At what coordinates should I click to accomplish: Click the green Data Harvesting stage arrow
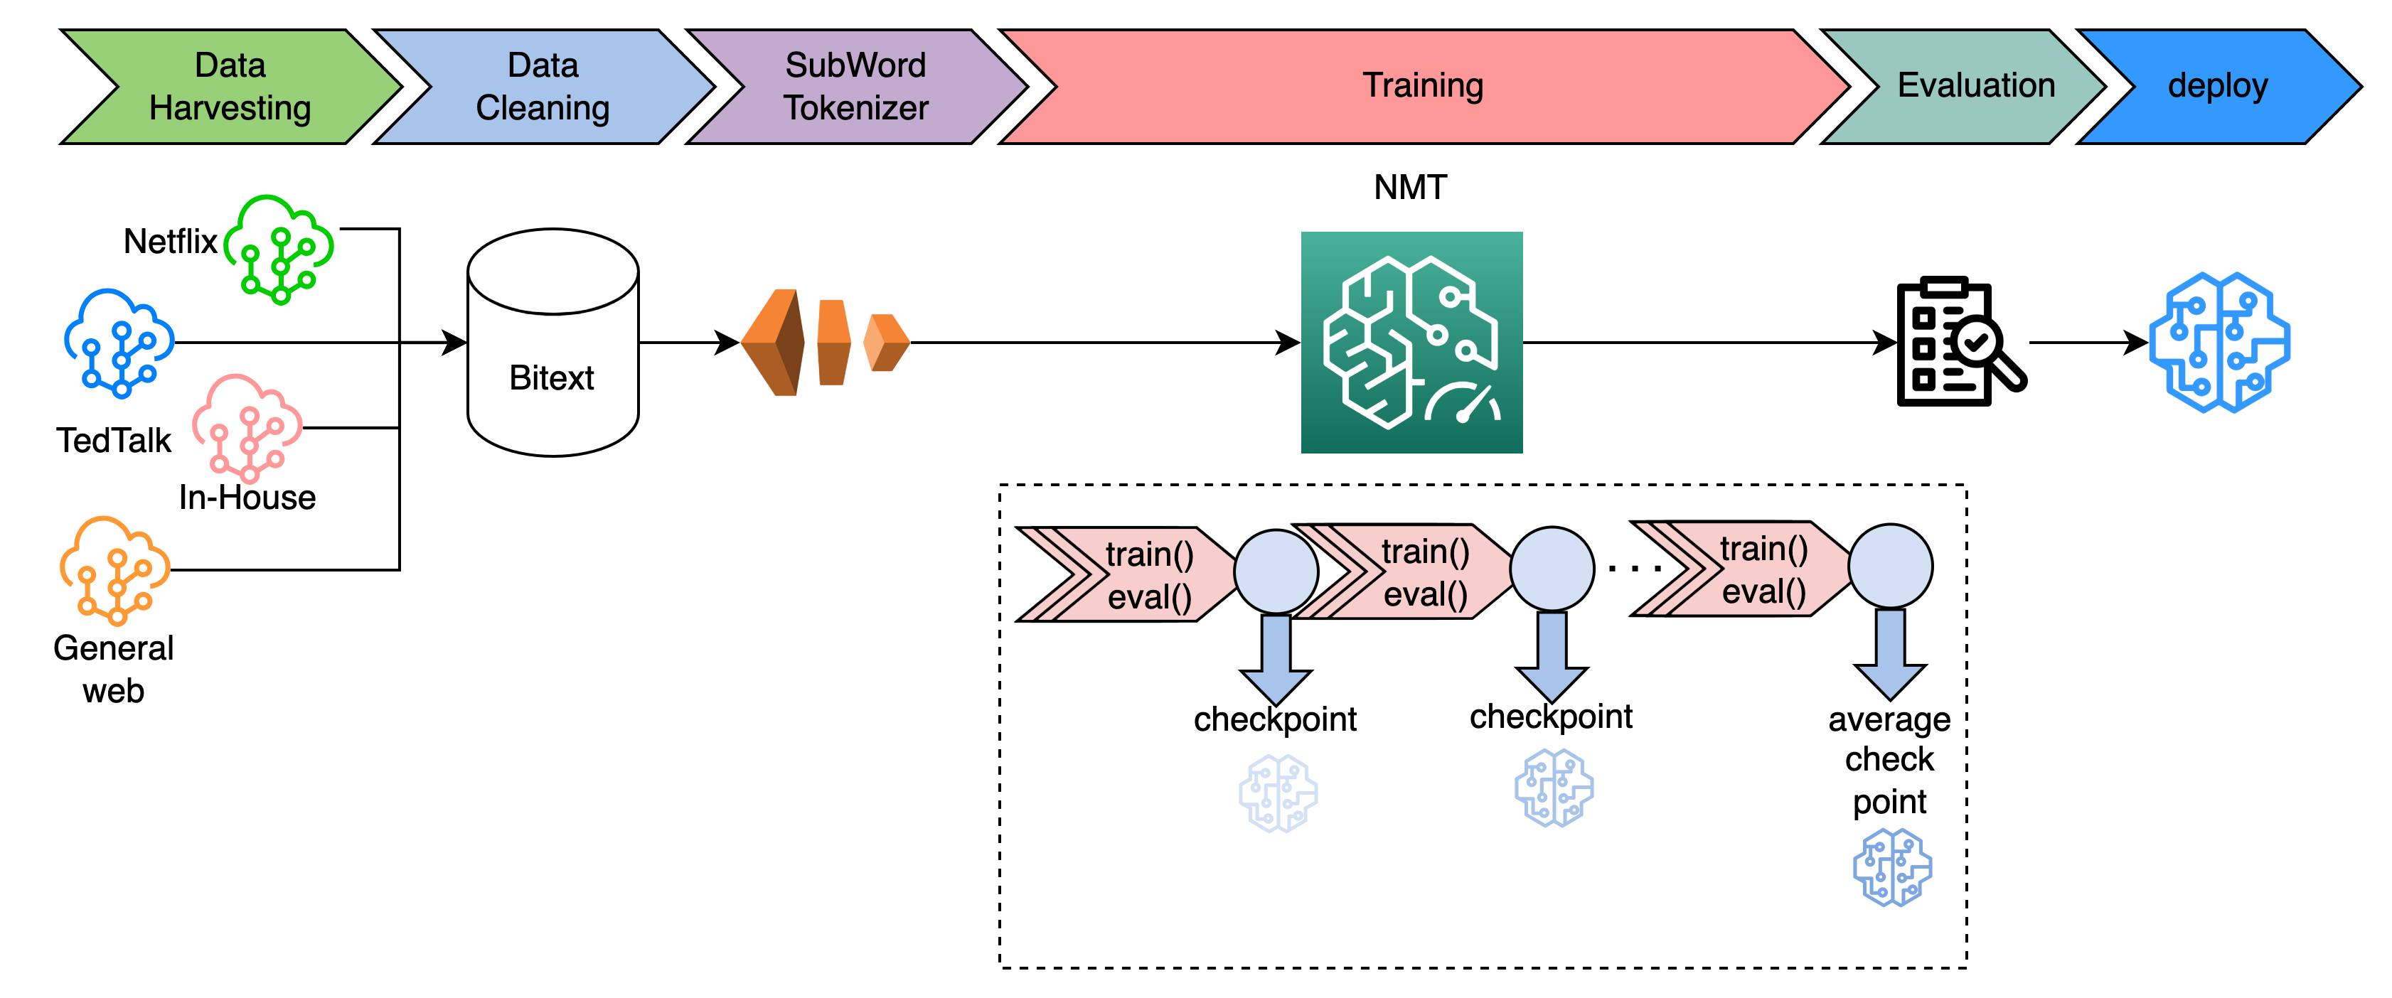tap(230, 86)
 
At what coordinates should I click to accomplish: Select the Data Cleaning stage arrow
tap(543, 86)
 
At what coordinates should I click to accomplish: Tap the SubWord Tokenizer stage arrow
tap(855, 86)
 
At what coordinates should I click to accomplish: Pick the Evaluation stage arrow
tap(1975, 85)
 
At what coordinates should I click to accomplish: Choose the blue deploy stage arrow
tap(2217, 85)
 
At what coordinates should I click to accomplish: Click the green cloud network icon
tap(279, 249)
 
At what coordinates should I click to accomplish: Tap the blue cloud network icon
tap(119, 343)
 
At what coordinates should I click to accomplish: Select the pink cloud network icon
tap(247, 428)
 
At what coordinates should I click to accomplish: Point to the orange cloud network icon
tap(115, 570)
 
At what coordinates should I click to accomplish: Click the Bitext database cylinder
tap(552, 343)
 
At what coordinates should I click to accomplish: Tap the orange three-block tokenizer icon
tap(825, 343)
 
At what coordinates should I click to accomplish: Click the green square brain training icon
tap(1411, 343)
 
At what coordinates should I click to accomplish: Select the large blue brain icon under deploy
tap(2219, 343)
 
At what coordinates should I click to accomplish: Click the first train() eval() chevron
tap(1128, 574)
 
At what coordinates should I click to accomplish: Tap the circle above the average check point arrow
tap(1890, 567)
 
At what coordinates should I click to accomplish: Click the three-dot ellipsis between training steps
tap(1634, 567)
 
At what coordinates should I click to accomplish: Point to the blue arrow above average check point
tap(1890, 655)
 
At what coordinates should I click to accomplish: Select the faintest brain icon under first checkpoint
tap(1278, 793)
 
